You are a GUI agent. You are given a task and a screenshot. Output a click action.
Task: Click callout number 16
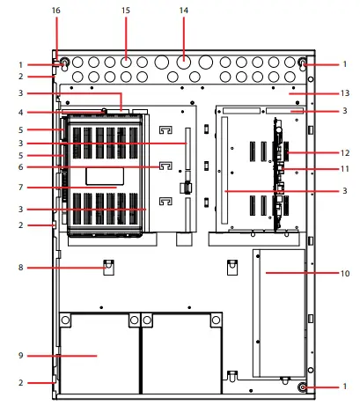point(56,10)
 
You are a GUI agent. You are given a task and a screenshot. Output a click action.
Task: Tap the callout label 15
point(126,10)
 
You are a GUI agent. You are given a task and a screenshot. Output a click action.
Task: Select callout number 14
point(183,10)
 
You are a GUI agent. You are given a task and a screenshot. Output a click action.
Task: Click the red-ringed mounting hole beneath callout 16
point(64,63)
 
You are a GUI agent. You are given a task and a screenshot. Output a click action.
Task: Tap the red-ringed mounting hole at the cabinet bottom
point(302,387)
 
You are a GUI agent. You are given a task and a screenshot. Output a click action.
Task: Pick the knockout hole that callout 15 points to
point(126,63)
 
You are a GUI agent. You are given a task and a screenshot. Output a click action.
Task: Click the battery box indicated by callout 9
point(97,354)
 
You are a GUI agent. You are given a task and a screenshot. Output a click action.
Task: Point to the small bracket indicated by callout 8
point(108,266)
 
